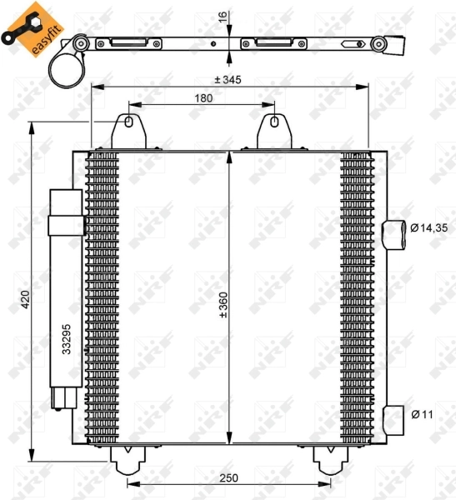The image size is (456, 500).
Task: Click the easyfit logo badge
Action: click(x=33, y=29)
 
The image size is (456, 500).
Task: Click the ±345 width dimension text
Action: click(x=228, y=79)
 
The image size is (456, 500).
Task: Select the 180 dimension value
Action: click(x=203, y=98)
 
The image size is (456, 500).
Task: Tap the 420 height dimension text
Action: click(x=25, y=299)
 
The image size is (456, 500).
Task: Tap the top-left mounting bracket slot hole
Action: click(x=128, y=123)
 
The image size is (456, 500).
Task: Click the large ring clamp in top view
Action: click(x=65, y=68)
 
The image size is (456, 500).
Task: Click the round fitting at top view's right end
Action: click(x=379, y=44)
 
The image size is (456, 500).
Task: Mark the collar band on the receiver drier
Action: click(x=66, y=226)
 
